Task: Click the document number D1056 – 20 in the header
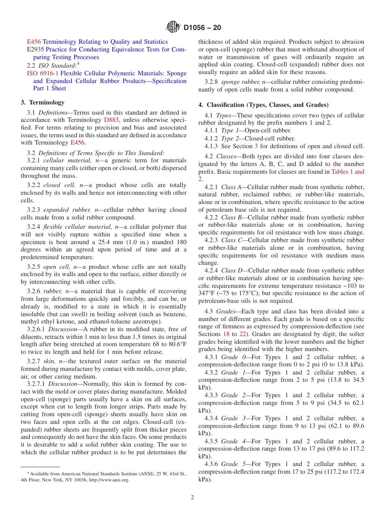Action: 202,28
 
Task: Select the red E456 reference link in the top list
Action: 34,42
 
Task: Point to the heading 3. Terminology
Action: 43,102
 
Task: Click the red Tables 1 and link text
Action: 347,172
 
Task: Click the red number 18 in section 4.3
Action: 226,334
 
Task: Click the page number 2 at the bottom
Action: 192,498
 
